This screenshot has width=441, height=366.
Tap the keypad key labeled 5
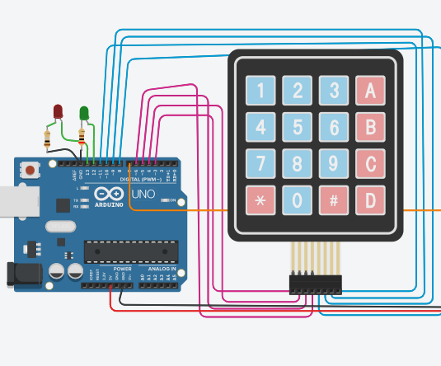(x=298, y=127)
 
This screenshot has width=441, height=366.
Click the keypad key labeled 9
(x=333, y=162)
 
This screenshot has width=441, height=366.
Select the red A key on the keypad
(x=369, y=91)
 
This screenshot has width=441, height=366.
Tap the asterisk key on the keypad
(x=261, y=199)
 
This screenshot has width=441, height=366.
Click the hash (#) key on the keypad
(x=333, y=199)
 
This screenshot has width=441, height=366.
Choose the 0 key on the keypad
(x=298, y=199)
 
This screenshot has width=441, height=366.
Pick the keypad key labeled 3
(x=333, y=91)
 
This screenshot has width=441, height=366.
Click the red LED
(x=58, y=111)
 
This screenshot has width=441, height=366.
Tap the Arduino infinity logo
(x=109, y=195)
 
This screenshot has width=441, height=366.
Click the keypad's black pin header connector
(x=315, y=284)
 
